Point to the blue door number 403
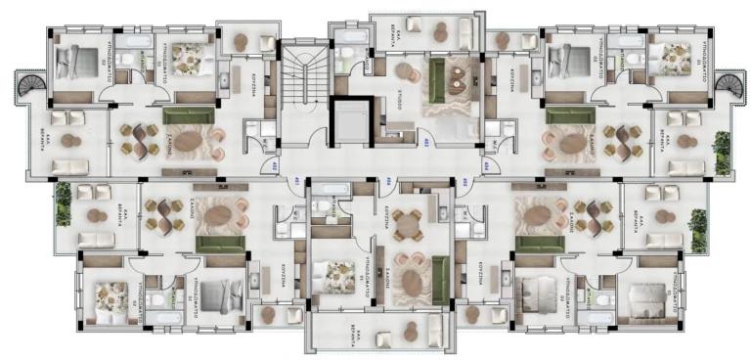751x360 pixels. click(x=427, y=143)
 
